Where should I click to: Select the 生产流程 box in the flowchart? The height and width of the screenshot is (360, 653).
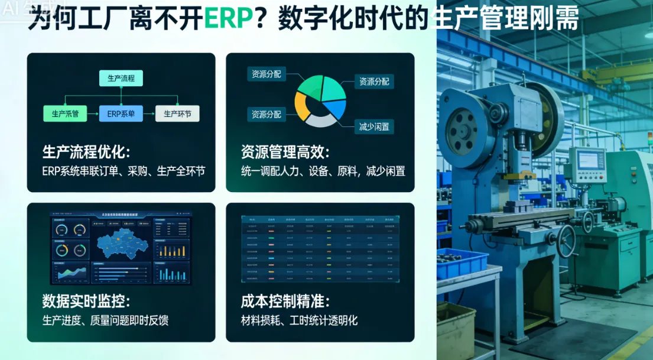[x=121, y=78]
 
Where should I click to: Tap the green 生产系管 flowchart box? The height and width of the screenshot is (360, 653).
[x=65, y=113]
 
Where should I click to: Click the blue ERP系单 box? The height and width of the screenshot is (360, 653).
[x=121, y=113]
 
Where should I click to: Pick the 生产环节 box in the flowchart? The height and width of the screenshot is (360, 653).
[x=177, y=113]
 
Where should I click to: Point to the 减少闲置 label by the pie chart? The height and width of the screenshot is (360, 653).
[x=373, y=126]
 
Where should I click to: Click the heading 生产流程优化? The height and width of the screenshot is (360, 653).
[x=86, y=152]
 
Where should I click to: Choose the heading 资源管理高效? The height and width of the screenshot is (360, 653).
[x=285, y=152]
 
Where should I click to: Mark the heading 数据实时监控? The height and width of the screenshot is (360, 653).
[x=86, y=301]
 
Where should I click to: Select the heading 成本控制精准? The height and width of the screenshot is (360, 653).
[x=285, y=301]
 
